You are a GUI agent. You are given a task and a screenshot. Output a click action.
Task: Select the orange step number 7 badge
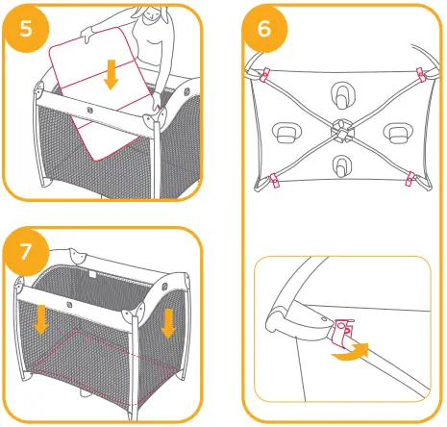26,252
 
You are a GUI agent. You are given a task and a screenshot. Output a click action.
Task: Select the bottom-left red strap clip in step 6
273,177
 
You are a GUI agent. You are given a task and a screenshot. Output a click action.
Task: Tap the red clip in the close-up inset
344,334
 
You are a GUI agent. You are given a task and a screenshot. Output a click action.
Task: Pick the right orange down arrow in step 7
168,322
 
